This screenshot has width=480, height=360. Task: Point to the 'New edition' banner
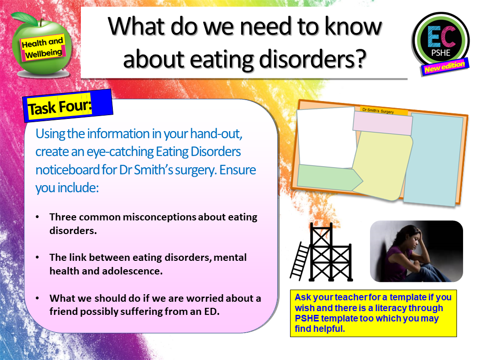(x=445, y=67)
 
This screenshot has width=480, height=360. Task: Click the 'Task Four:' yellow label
(x=59, y=107)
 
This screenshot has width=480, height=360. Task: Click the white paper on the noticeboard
(x=325, y=136)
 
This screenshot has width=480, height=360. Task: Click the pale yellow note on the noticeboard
(x=382, y=164)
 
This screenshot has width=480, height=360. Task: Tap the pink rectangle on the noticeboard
(x=383, y=123)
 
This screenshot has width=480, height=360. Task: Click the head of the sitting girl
(x=408, y=235)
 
